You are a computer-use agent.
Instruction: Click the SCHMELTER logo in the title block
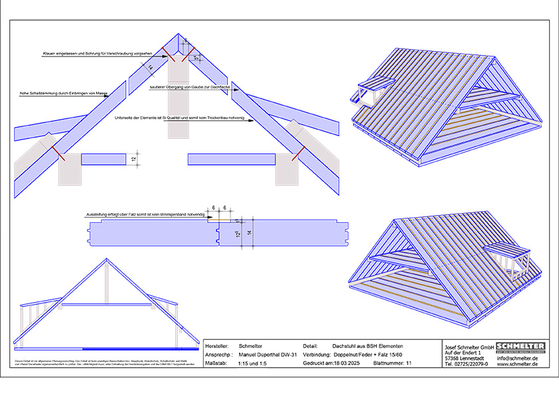click(520, 347)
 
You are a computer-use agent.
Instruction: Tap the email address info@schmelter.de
click(520, 358)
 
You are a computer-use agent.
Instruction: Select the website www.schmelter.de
click(520, 364)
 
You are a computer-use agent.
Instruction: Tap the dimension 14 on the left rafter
click(151, 67)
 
